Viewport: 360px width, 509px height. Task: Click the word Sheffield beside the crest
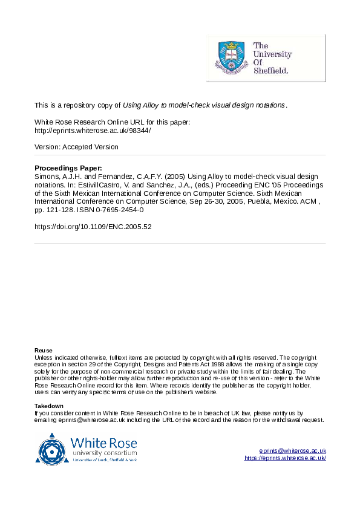coord(270,70)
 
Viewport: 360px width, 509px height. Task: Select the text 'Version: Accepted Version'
coord(76,147)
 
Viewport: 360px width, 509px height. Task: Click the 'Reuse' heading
coord(44,351)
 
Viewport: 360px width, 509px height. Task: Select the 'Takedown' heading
coord(49,406)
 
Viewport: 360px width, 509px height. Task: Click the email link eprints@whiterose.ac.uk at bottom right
coord(292,451)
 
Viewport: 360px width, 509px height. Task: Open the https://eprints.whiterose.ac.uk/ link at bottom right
coord(285,458)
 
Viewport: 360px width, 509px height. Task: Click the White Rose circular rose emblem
coord(51,449)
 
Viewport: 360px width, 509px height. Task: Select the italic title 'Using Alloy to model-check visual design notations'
coord(204,105)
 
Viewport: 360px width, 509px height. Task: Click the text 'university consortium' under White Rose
coord(104,453)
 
